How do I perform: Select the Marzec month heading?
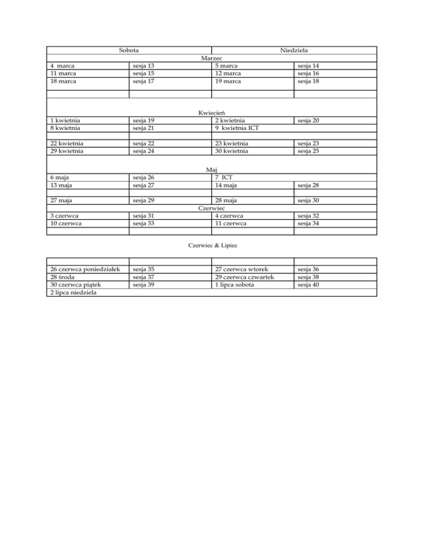pyautogui.click(x=211, y=58)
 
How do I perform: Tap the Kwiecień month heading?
pyautogui.click(x=211, y=113)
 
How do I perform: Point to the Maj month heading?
pyautogui.click(x=211, y=170)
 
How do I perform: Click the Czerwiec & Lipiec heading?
pyautogui.click(x=211, y=244)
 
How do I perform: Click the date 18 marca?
pyautogui.click(x=63, y=81)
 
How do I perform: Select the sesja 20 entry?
pyautogui.click(x=308, y=121)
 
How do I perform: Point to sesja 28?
pyautogui.click(x=308, y=185)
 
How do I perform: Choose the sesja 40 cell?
pyautogui.click(x=308, y=285)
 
